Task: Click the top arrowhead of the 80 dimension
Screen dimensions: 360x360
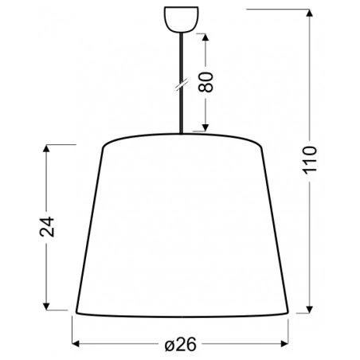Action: click(x=207, y=37)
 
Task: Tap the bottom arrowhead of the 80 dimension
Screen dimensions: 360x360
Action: click(x=207, y=129)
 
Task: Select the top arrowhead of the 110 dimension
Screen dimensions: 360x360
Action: click(x=310, y=11)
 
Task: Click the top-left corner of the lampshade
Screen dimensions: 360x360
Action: click(x=104, y=146)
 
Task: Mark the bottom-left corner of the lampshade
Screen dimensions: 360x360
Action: click(x=76, y=311)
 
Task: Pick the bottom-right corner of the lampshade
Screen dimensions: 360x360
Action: click(x=288, y=311)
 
